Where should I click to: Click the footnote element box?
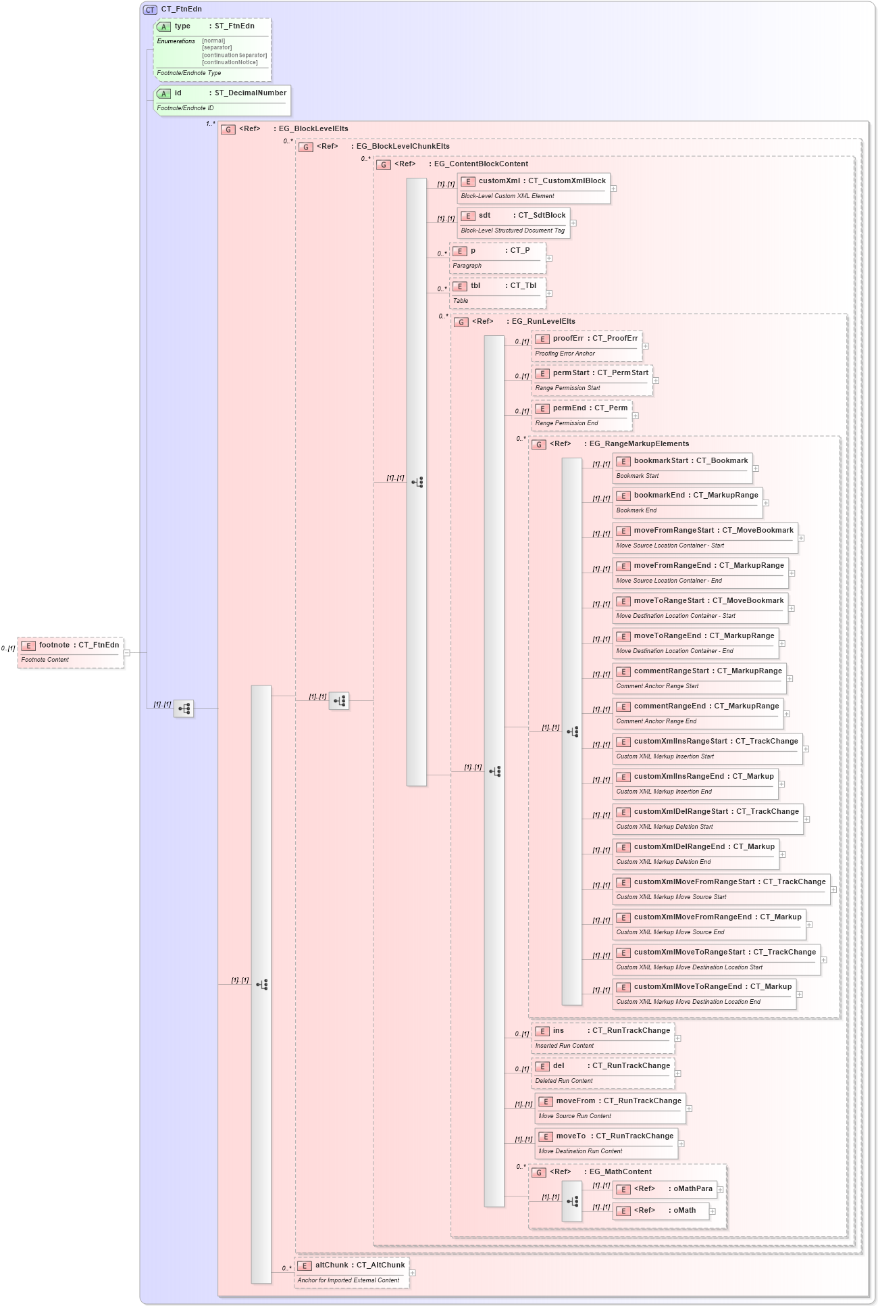tap(70, 652)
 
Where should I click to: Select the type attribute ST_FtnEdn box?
tap(213, 49)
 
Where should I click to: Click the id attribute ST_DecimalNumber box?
tap(222, 99)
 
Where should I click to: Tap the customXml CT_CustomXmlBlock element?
tap(534, 188)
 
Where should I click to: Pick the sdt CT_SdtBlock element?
tap(513, 222)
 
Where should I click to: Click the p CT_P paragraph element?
tap(497, 258)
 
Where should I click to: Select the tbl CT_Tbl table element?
tap(497, 293)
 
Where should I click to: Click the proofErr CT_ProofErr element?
tap(586, 345)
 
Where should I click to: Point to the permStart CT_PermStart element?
tap(592, 379)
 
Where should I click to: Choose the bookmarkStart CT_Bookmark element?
tap(682, 468)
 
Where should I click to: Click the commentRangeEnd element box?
tap(698, 713)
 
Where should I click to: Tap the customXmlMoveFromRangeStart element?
tap(721, 889)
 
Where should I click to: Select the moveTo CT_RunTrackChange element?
tap(606, 1143)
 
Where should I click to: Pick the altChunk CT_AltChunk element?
tap(352, 1272)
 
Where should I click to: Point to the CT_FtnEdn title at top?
tap(181, 9)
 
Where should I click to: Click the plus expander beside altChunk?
tap(413, 1273)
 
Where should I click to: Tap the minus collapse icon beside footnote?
tap(127, 653)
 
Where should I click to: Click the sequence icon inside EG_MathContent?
tap(572, 1202)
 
